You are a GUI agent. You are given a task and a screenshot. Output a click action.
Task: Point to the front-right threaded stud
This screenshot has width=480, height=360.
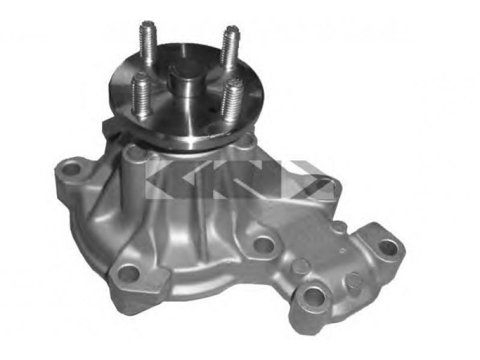233,101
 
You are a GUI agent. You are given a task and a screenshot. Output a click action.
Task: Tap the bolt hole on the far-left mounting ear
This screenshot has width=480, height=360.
73,169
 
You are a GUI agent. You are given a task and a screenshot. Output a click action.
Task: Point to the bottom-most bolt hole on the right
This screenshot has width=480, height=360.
315,296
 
